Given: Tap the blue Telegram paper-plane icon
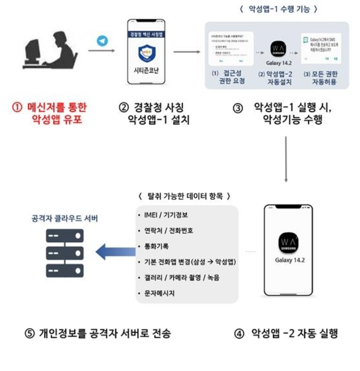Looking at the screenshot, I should [x=102, y=41].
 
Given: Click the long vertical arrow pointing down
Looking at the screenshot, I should [x=286, y=159].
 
